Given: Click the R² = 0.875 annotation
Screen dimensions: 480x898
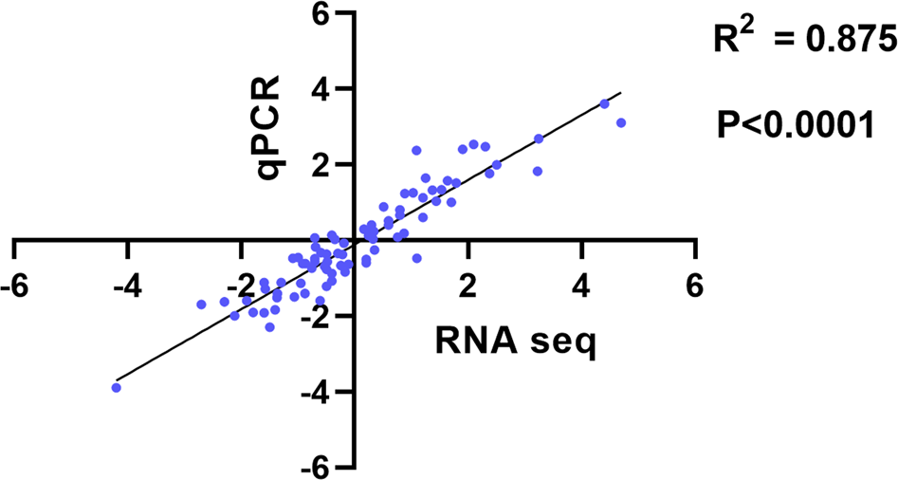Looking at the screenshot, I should tap(803, 40).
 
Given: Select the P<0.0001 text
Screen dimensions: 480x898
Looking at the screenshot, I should tap(795, 124).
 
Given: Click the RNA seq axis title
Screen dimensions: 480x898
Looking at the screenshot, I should tap(516, 341).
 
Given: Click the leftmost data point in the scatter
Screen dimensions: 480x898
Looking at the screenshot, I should tap(117, 387).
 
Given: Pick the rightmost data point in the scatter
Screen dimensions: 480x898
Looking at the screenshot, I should tap(621, 122).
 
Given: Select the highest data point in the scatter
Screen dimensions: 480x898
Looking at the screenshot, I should tap(604, 103).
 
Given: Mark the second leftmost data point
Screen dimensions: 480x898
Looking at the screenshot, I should tap(201, 305).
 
